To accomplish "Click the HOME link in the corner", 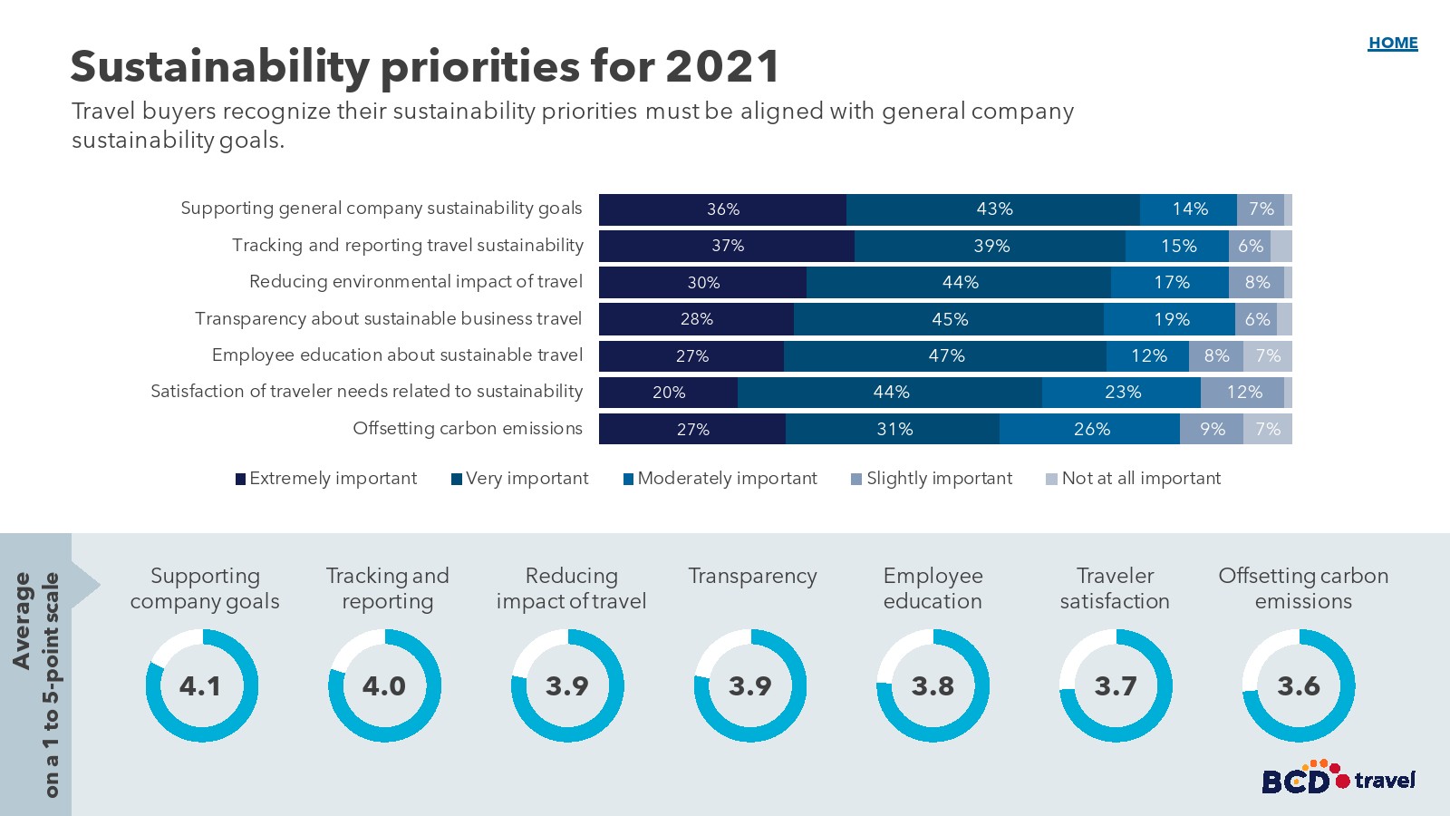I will [1393, 43].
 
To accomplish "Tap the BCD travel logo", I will [1338, 779].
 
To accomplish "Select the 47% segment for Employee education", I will [945, 356].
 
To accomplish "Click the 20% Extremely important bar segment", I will [669, 393].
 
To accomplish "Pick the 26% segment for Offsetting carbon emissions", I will [1090, 429].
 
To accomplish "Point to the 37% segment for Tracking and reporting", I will [727, 246].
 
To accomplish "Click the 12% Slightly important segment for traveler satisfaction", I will [1242, 393].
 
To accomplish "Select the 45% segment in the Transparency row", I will [949, 319].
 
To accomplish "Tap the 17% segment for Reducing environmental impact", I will [1170, 283].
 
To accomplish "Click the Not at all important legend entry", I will [1134, 479].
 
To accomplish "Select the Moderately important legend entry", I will [720, 479].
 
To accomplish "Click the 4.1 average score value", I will [200, 686].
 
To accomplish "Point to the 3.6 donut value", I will [1299, 686].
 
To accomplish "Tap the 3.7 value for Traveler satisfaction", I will [1116, 686].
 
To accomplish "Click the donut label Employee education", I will [933, 588].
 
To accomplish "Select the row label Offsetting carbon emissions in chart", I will [468, 429].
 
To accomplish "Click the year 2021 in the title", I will [722, 66].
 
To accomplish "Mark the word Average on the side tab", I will [22, 621].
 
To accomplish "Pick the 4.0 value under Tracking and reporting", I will [384, 686].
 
